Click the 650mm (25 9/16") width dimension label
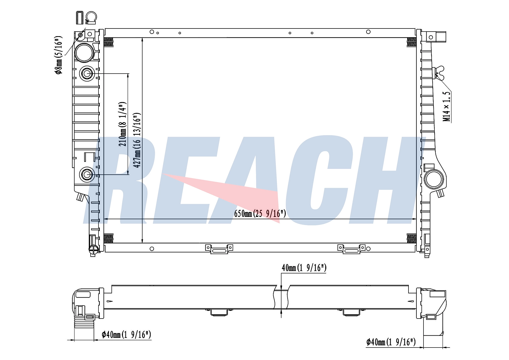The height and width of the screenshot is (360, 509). pos(260,214)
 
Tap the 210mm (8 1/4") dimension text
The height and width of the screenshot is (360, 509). pos(122,124)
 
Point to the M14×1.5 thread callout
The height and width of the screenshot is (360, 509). pos(447,106)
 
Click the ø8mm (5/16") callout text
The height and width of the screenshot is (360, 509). pos(59,55)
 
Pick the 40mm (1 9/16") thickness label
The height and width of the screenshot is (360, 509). pos(304,268)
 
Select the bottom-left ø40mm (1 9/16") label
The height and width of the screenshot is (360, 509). pos(126,335)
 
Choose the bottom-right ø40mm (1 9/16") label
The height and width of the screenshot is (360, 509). pos(391,342)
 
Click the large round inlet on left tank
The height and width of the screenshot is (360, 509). pos(84,53)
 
